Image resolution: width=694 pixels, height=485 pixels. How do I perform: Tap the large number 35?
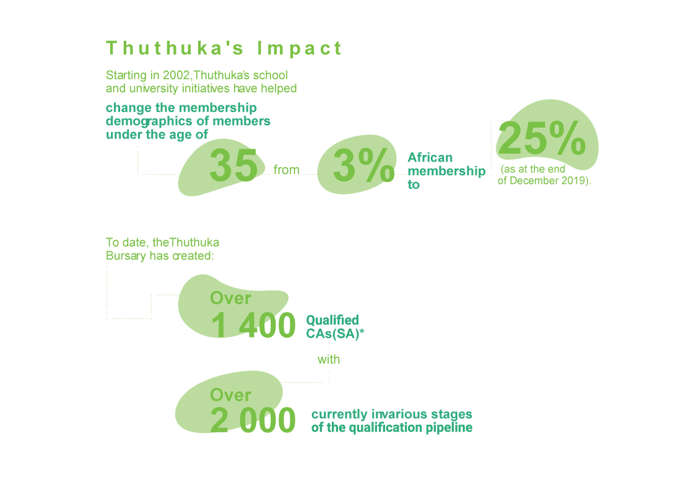[x=233, y=166]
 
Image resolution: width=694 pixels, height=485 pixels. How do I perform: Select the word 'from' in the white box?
[x=287, y=170]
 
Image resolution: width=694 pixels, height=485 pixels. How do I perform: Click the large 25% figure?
[x=542, y=140]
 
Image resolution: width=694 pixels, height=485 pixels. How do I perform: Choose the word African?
[x=430, y=158]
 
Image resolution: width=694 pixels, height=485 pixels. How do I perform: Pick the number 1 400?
[x=253, y=326]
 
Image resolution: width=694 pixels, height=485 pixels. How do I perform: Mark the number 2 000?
[x=253, y=421]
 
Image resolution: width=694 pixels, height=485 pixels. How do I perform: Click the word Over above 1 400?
[x=230, y=299]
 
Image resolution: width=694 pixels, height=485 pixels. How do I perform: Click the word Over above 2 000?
[x=230, y=395]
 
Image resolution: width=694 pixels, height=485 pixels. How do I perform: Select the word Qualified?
[x=332, y=320]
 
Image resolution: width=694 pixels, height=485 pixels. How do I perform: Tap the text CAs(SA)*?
[x=335, y=333]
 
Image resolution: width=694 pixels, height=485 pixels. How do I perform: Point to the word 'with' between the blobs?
[x=329, y=359]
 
